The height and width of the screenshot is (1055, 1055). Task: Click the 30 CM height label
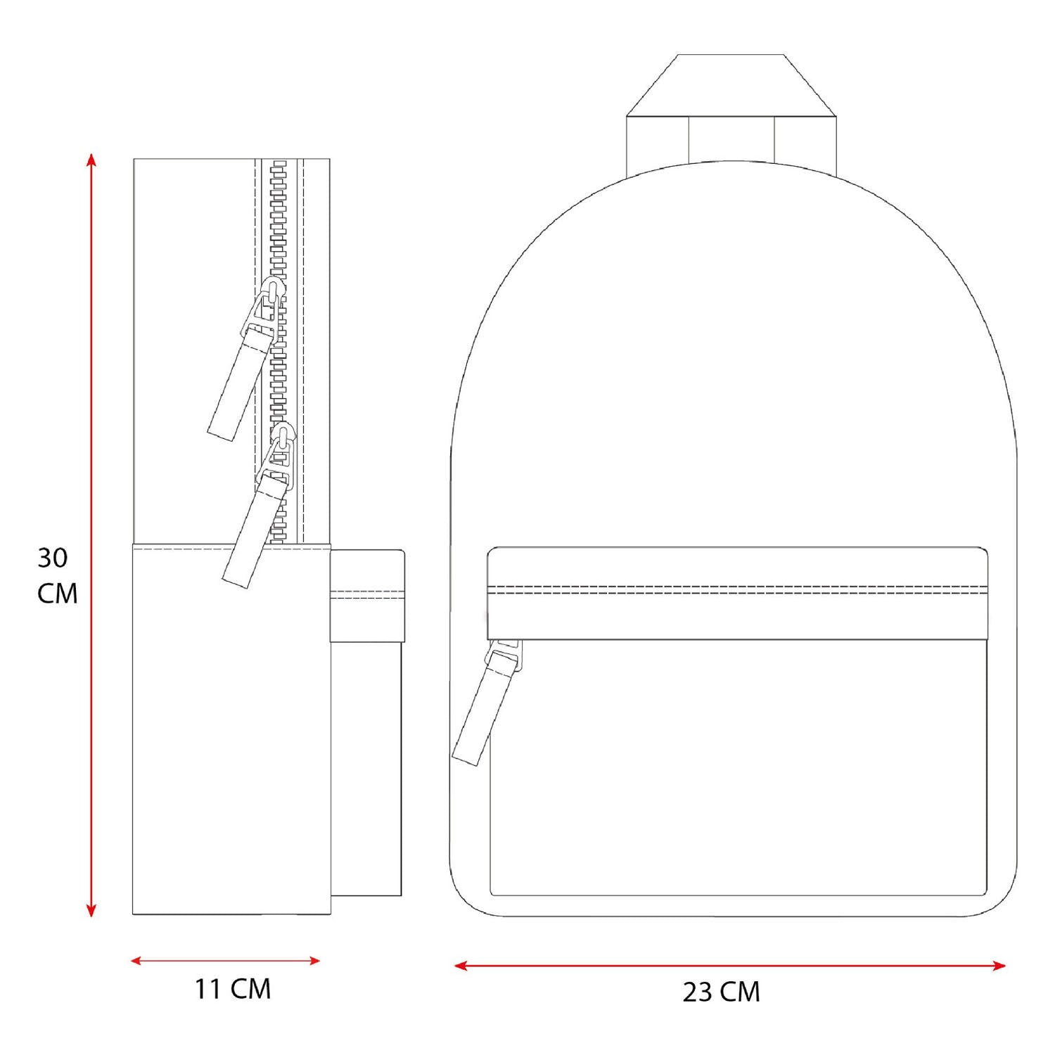click(57, 575)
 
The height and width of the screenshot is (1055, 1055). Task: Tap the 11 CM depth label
click(233, 989)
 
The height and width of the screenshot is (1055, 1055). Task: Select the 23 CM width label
click(721, 992)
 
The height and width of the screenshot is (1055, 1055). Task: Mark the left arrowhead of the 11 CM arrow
click(138, 961)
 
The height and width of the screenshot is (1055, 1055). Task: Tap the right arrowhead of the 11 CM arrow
click(314, 961)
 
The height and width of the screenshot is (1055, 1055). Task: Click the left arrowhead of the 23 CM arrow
click(461, 966)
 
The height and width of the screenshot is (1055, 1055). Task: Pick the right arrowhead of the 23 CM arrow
click(999, 966)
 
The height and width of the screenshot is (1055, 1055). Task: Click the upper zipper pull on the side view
click(246, 359)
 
